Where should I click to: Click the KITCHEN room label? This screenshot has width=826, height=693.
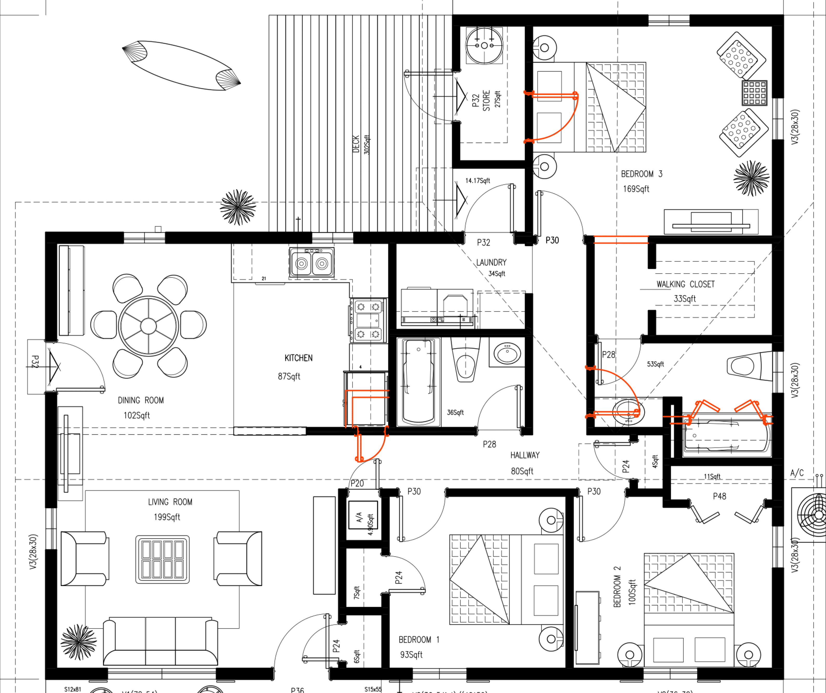[x=299, y=358]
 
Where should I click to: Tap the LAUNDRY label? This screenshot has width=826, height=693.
[x=491, y=262]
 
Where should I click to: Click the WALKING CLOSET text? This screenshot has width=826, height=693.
[x=685, y=284]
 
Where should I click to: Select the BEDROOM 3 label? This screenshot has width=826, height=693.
[x=642, y=174]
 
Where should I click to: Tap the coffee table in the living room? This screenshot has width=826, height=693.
[x=163, y=559]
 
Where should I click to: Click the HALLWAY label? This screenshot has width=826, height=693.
[x=525, y=455]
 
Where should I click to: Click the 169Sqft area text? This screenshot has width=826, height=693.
[x=636, y=189]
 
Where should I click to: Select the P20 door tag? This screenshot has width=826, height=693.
[x=357, y=484]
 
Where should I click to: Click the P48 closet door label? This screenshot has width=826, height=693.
[x=719, y=497]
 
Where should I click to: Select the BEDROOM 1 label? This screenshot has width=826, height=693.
[x=419, y=639]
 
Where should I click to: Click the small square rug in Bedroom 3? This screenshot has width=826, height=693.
[x=754, y=93]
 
